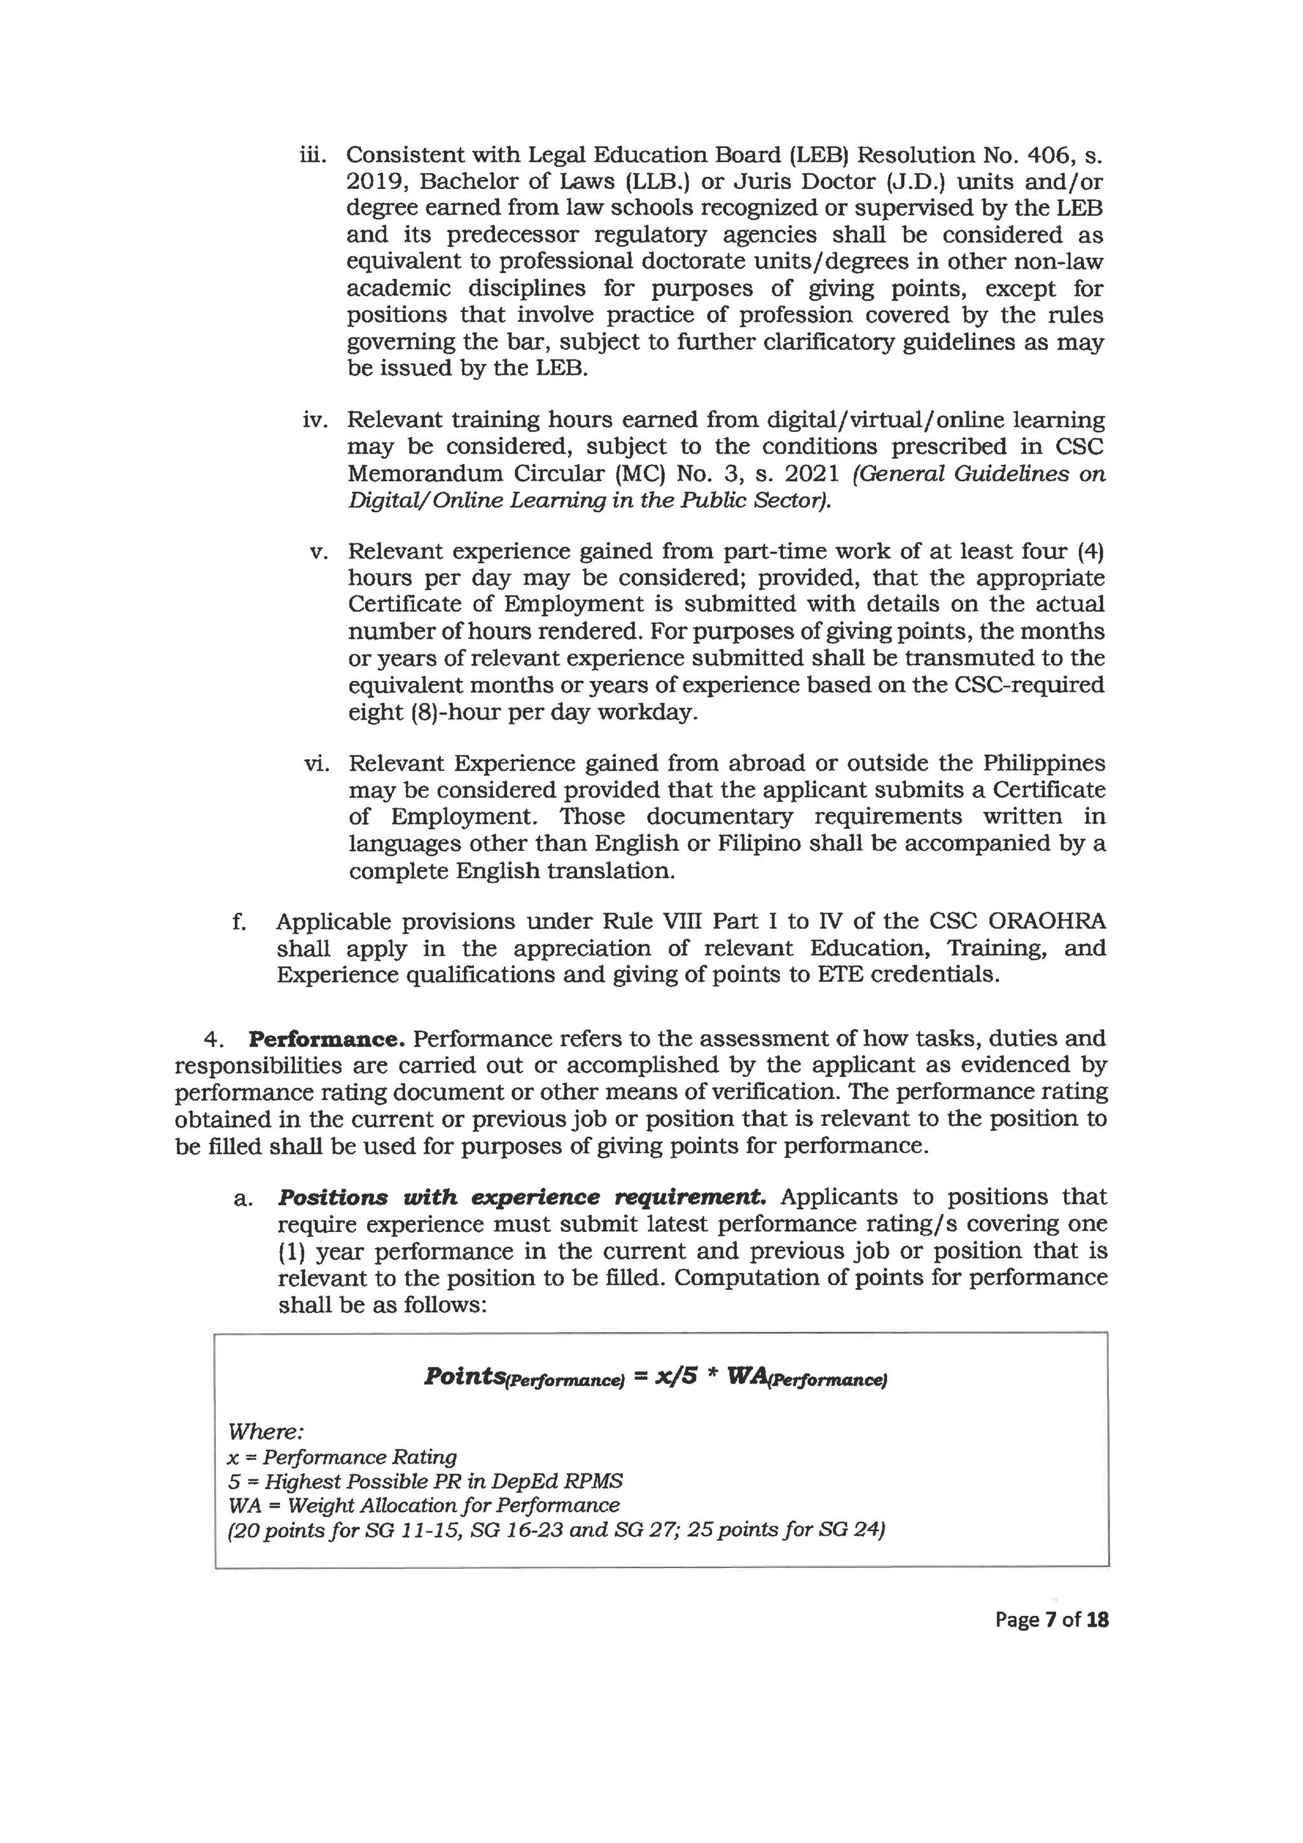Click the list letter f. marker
(x=239, y=922)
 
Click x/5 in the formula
(x=676, y=1376)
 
